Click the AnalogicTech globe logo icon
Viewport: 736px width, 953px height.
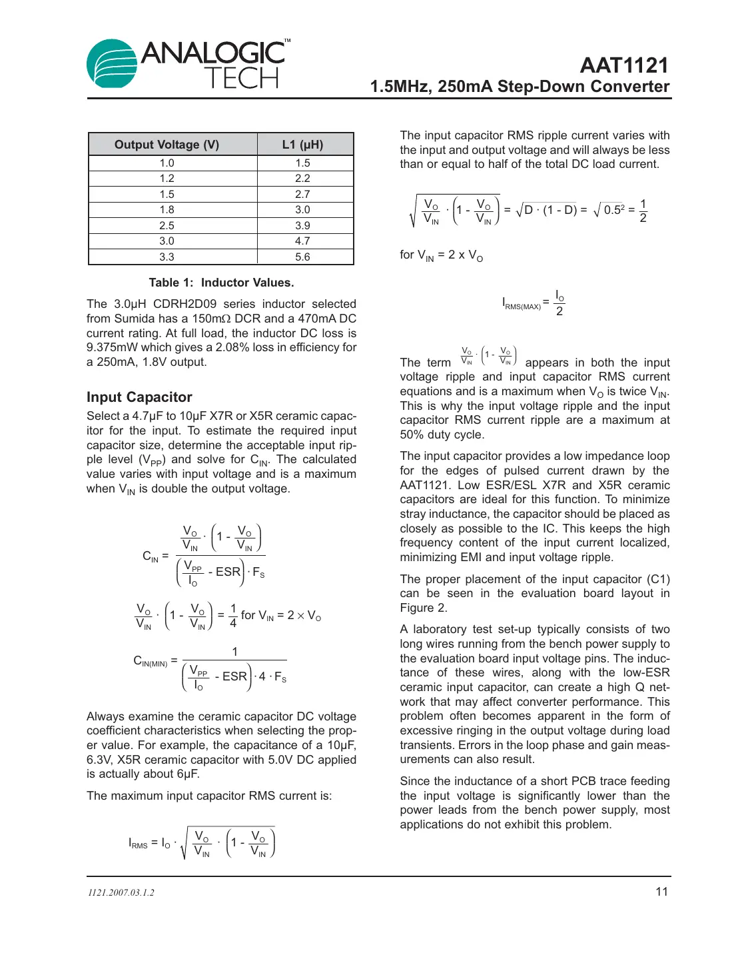(112, 64)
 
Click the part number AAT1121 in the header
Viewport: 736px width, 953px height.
(623, 65)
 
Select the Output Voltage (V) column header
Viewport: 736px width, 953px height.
(167, 145)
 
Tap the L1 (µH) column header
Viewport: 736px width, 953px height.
(302, 145)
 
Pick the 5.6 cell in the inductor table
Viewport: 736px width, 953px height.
(302, 257)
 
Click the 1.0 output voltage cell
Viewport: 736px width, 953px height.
(167, 163)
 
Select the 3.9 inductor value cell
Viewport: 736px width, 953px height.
(302, 225)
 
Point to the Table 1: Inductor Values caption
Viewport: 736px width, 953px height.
(221, 283)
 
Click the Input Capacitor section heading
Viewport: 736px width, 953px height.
(139, 397)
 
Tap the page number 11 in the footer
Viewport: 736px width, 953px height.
(661, 892)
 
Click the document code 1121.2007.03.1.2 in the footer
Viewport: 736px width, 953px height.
(121, 892)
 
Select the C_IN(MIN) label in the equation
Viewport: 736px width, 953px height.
(151, 661)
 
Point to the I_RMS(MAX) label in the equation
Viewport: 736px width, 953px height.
(522, 304)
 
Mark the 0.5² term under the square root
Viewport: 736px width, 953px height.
(613, 210)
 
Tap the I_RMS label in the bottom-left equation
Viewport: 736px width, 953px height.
(138, 843)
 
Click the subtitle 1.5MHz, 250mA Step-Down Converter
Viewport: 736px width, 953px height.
(520, 87)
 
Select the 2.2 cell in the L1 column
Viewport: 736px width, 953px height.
(302, 179)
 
